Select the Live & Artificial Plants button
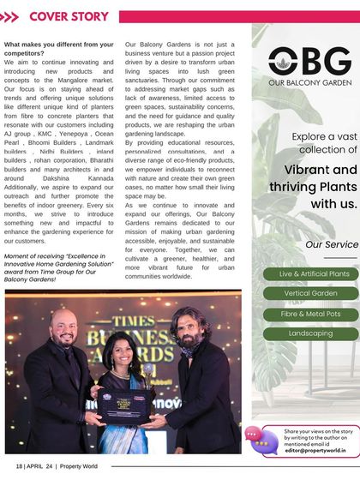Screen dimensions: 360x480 pyautogui.click(x=314, y=273)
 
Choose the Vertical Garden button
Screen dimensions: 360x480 pyautogui.click(x=311, y=293)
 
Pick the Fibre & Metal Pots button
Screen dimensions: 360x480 pyautogui.click(x=310, y=314)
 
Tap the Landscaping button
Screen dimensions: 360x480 pyautogui.click(x=310, y=333)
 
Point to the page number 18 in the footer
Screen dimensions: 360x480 pyautogui.click(x=19, y=466)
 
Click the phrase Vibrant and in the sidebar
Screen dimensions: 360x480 pyautogui.click(x=321, y=170)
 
